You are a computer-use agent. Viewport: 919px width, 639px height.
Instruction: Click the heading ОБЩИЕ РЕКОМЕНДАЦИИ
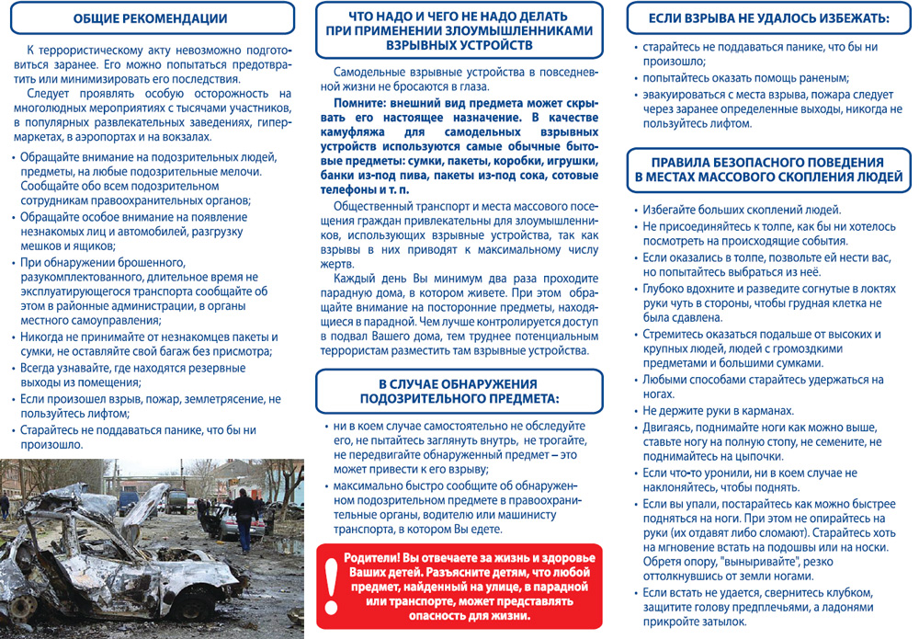coord(150,18)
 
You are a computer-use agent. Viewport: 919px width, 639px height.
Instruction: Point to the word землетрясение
coord(224,399)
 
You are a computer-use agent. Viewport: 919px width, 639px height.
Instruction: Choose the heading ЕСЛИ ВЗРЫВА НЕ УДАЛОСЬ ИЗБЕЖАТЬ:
coord(768,18)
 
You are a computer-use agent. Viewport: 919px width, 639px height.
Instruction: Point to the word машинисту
coord(548,515)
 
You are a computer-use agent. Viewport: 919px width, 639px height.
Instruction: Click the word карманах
coord(766,410)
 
